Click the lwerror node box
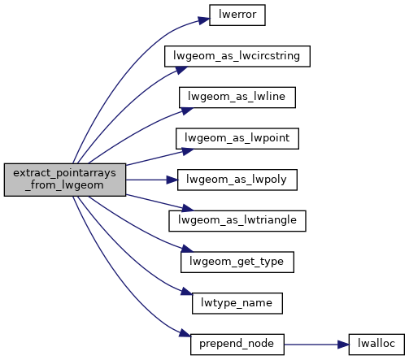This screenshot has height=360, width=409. [x=237, y=15]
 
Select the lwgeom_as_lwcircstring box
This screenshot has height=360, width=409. [x=237, y=56]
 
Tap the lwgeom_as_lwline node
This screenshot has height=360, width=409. [x=237, y=98]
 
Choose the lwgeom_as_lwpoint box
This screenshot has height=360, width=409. [x=237, y=139]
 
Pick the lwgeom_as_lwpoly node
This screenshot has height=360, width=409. [x=237, y=180]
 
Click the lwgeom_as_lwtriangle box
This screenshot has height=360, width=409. [x=237, y=221]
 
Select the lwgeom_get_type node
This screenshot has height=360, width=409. [x=237, y=262]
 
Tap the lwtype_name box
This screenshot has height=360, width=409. [x=237, y=303]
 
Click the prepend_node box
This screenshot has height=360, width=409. [x=237, y=345]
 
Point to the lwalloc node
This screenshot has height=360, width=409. [x=376, y=345]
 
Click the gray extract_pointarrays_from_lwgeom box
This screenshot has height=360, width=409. [x=65, y=180]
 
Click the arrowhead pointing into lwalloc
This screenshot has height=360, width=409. [x=343, y=345]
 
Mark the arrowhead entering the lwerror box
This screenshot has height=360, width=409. [x=204, y=20]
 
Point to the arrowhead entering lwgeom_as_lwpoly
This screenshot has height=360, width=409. [x=172, y=180]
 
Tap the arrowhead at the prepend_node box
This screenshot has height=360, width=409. [x=185, y=333]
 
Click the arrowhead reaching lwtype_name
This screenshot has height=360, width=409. [x=187, y=292]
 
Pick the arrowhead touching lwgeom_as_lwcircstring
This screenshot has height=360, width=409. [x=181, y=70]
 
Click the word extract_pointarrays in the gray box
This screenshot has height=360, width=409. [x=64, y=173]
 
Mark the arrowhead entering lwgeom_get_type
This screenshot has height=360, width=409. [x=187, y=249]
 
